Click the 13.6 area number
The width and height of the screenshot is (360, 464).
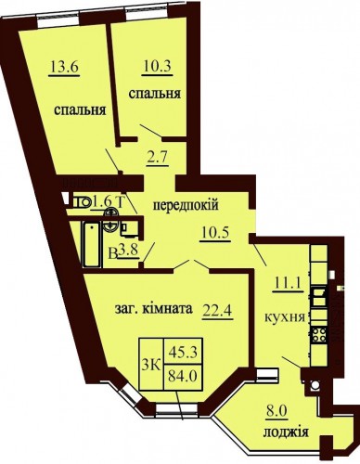coord(64,67)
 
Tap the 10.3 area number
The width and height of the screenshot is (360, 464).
coord(158,67)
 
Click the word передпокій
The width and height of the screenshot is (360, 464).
coord(186,205)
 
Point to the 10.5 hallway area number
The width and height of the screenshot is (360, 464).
coord(215,232)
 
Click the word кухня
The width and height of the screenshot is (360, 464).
coord(285,317)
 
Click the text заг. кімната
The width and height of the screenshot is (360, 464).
coord(154,309)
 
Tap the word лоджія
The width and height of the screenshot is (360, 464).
coord(286,432)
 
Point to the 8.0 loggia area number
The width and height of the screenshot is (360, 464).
coord(277,412)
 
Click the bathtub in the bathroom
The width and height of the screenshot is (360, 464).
coord(92,244)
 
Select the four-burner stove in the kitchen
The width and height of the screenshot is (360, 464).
coord(319,335)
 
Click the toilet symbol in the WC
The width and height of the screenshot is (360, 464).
coord(81,202)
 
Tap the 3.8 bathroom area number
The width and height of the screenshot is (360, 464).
coord(128,251)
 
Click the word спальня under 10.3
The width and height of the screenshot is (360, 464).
coord(155,94)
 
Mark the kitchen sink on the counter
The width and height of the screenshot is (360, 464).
coord(319,296)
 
